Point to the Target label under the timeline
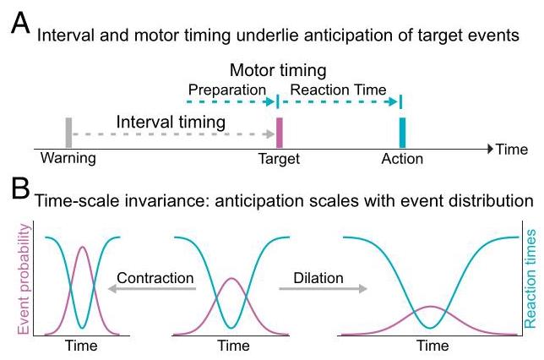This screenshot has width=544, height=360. point(279,159)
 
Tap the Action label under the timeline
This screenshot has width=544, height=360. point(401,159)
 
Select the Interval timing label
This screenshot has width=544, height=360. point(171,122)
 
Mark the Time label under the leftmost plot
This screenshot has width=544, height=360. point(81,345)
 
